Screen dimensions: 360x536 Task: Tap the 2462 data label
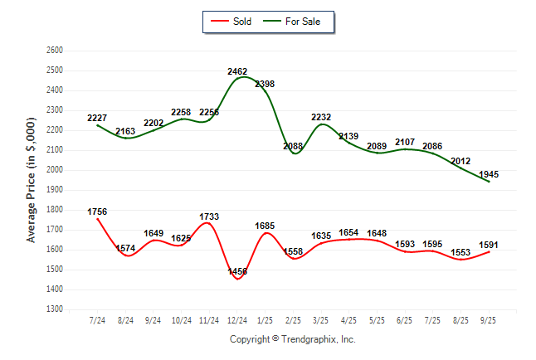pos(237,71)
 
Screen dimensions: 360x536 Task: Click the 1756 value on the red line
pos(97,212)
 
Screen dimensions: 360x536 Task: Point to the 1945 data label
pos(489,174)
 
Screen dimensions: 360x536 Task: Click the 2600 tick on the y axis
pos(56,50)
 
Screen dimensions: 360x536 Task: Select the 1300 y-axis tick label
pos(56,309)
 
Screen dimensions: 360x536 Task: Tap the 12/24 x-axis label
pos(237,319)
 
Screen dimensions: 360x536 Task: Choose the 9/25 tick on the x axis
pos(489,319)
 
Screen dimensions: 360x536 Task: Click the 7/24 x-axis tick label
pos(97,319)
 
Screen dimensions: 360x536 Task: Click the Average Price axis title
pos(32,179)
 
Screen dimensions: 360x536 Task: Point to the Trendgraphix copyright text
pos(292,339)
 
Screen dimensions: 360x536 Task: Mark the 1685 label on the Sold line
pos(265,225)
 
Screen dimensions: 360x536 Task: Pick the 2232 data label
pos(321,118)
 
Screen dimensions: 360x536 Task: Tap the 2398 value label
pos(265,84)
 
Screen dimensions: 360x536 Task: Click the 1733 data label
pos(209,216)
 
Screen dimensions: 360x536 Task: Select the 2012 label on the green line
pos(460,160)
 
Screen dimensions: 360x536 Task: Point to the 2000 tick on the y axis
pos(56,170)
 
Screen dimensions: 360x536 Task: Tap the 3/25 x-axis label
pos(321,319)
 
